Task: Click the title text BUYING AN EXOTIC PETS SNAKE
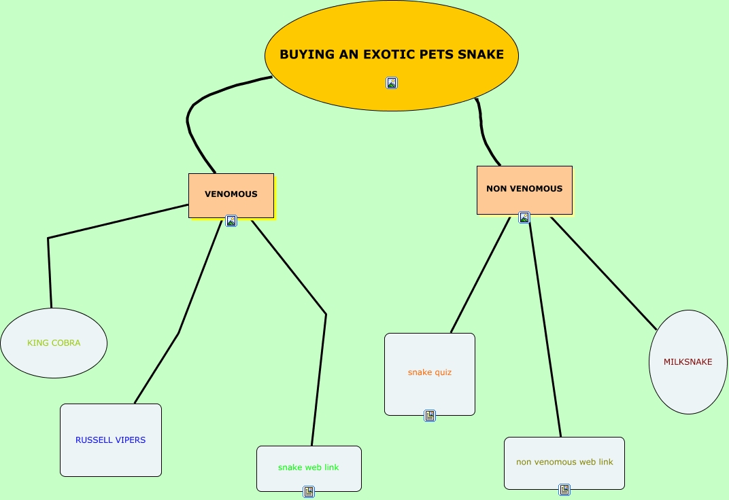[x=392, y=54]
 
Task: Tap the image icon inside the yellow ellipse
[x=392, y=83]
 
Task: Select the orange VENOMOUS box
[x=231, y=194]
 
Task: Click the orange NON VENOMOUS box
[x=524, y=189]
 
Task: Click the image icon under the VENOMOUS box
[x=231, y=221]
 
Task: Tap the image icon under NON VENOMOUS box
[x=524, y=217]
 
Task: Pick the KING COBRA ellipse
[x=54, y=343]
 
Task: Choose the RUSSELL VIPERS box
[x=111, y=440]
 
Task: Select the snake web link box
[x=309, y=468]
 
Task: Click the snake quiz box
[x=430, y=373]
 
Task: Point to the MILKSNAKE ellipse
[x=688, y=362]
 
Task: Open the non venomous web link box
[x=564, y=463]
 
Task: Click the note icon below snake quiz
[x=430, y=416]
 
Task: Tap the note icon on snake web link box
[x=309, y=492]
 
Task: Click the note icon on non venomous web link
[x=564, y=490]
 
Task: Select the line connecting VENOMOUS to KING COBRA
[x=116, y=221]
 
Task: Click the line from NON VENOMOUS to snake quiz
[x=480, y=275]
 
